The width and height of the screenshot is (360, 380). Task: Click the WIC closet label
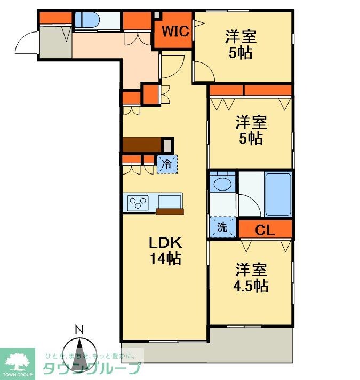(175, 31)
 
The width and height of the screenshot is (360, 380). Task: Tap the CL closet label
(265, 231)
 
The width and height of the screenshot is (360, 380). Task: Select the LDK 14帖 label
(165, 250)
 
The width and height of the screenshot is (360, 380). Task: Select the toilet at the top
(86, 20)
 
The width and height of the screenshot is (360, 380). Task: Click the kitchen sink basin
(170, 201)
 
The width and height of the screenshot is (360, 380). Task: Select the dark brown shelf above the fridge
(142, 145)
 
